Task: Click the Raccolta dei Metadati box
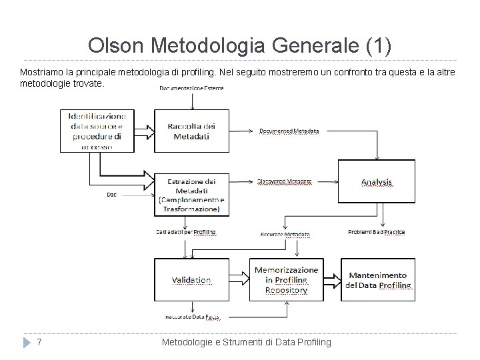(x=191, y=131)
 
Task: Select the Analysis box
(x=377, y=181)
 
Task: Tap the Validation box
(x=191, y=280)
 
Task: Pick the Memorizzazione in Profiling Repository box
(x=286, y=280)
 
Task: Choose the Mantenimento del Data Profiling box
(x=377, y=280)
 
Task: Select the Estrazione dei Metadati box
(x=191, y=194)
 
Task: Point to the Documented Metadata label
(x=289, y=131)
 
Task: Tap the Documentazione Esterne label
(x=192, y=88)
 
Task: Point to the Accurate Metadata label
(x=285, y=234)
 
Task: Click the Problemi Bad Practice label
(x=377, y=232)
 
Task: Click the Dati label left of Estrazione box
(x=113, y=195)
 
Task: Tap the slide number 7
(x=40, y=342)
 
